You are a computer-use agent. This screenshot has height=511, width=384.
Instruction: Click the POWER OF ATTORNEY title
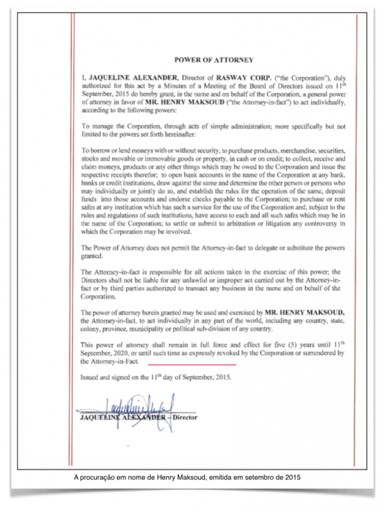click(x=213, y=60)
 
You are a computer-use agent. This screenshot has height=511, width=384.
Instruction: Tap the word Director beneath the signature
click(x=185, y=417)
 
